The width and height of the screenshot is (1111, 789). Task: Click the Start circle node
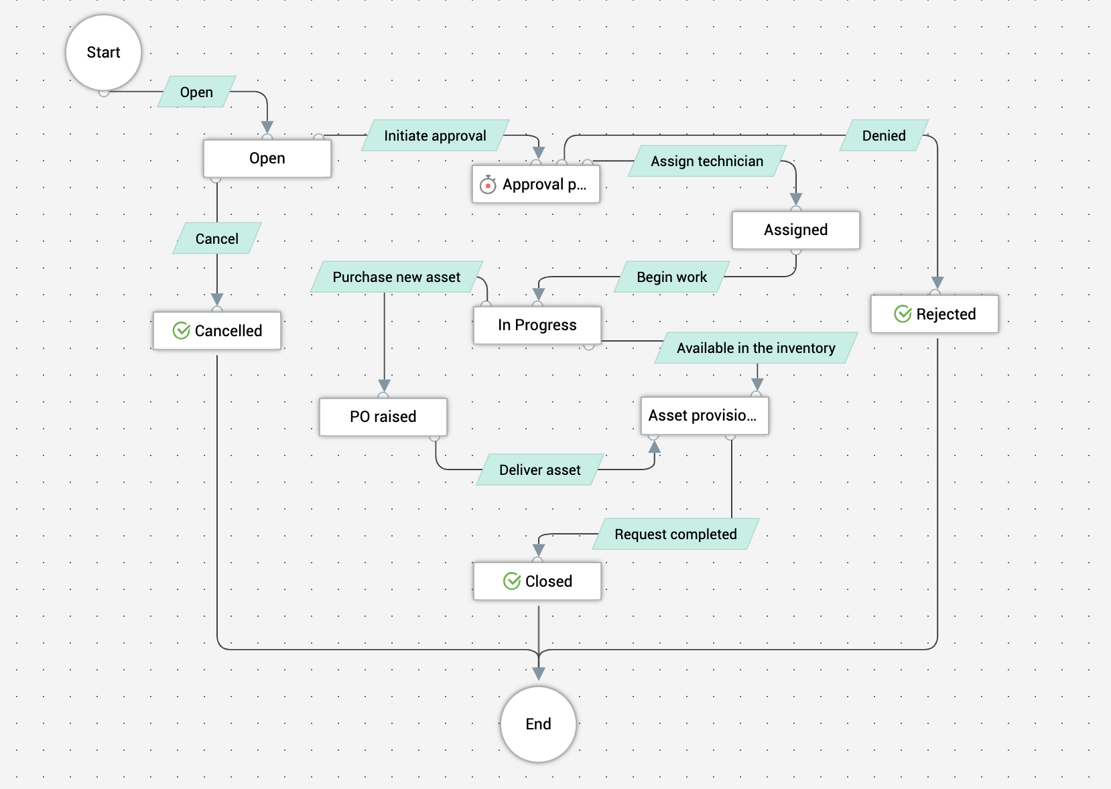[x=103, y=53]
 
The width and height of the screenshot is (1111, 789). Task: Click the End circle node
[x=538, y=724]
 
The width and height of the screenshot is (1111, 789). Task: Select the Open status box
[x=267, y=159]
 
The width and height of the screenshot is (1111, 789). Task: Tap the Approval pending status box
[x=536, y=185]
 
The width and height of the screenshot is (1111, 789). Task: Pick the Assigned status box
[x=795, y=230]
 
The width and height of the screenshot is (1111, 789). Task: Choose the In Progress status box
[x=537, y=326]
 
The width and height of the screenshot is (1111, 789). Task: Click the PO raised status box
[x=383, y=417]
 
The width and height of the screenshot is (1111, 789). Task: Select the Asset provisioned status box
[x=704, y=416]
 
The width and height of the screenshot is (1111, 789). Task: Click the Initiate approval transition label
[x=435, y=136]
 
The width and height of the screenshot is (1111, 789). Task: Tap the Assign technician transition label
[x=707, y=161]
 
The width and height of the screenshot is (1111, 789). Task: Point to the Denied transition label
[x=884, y=136]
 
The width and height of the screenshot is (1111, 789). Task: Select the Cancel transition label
[x=216, y=239]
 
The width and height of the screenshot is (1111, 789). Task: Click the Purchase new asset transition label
[x=396, y=277]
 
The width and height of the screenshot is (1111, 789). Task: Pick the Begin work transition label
[x=671, y=277]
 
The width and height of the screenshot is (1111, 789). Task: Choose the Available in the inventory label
[x=756, y=348]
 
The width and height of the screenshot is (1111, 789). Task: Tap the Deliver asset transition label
[x=539, y=470]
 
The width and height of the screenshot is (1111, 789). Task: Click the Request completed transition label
[x=675, y=534]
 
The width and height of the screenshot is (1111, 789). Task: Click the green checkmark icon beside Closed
[x=512, y=581]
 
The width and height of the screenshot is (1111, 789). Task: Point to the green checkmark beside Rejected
[x=903, y=314]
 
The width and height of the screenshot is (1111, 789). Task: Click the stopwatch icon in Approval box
[x=488, y=184]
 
